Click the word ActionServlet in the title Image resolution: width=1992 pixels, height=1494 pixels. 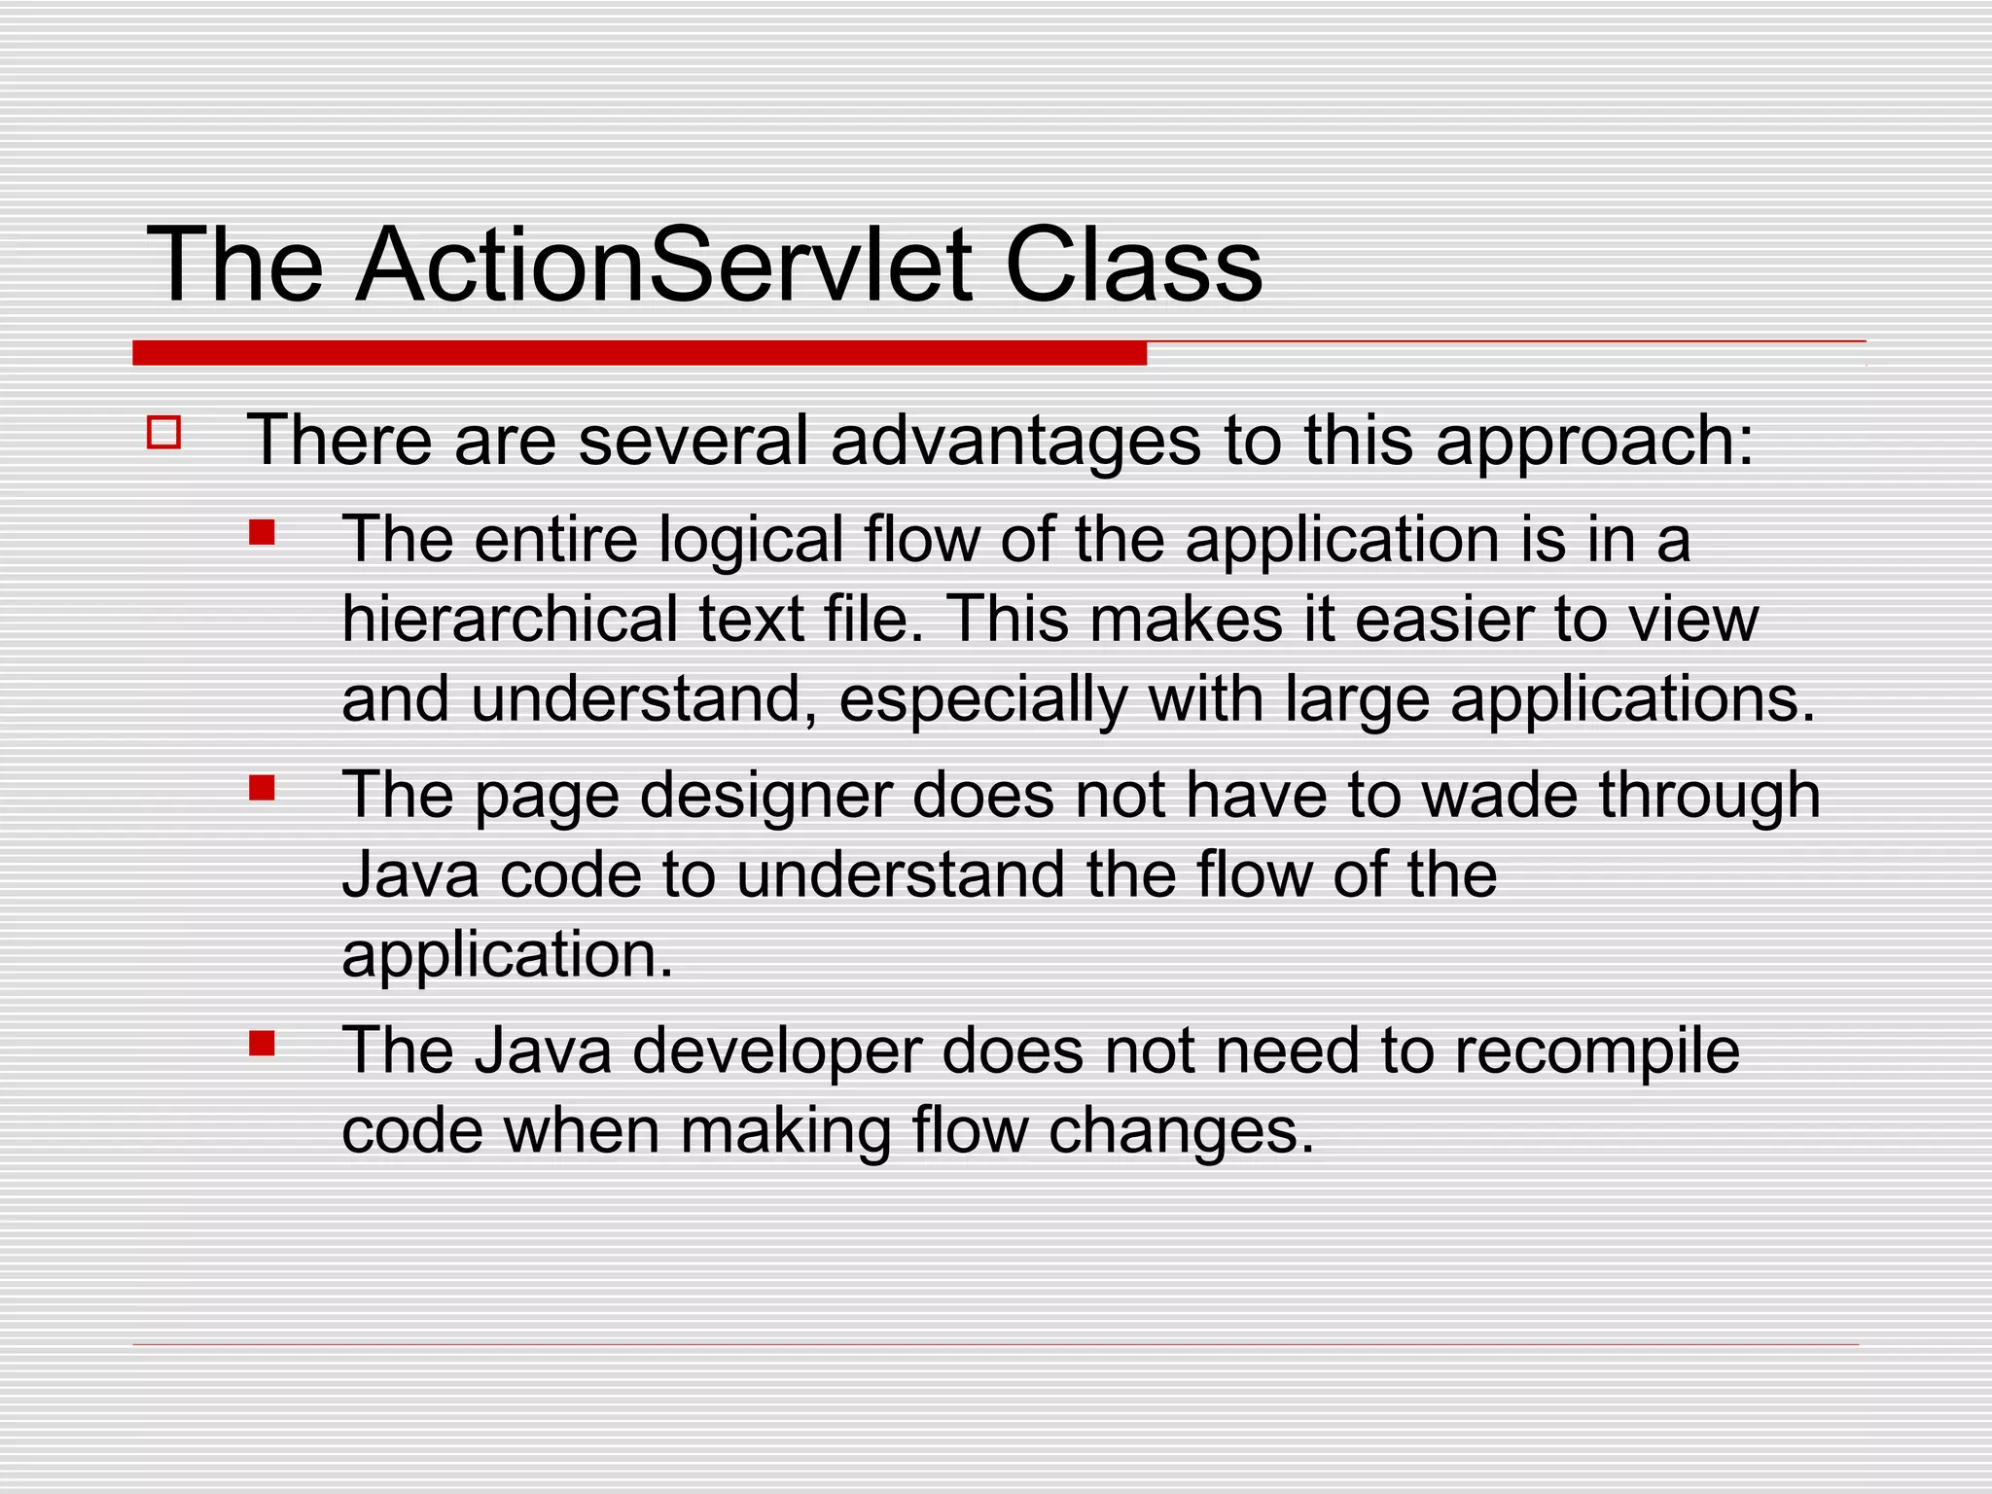coord(663,265)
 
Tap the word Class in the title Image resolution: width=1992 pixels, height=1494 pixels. coord(1132,265)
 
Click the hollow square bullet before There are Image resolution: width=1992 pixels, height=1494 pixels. coord(164,432)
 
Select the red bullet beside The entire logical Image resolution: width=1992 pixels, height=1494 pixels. coord(262,532)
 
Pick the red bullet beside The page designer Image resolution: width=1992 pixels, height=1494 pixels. coord(262,787)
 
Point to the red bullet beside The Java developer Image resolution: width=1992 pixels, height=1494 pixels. coord(262,1044)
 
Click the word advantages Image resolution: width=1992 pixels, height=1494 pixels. coord(1015,443)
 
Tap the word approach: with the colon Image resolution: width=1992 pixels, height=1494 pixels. coord(1594,443)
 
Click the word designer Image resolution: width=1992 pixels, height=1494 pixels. coord(765,797)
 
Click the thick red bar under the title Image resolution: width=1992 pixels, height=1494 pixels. coord(639,353)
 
